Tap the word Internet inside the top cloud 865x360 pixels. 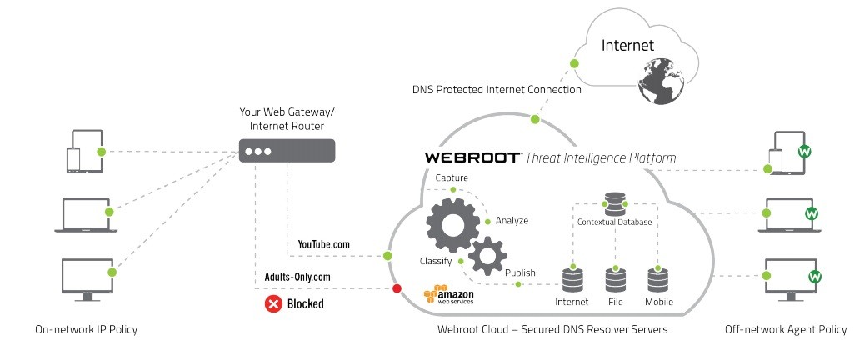tap(627, 45)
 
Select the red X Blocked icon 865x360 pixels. tap(272, 304)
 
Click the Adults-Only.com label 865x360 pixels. tap(298, 276)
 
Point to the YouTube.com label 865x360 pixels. tap(323, 244)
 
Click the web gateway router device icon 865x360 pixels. tap(287, 152)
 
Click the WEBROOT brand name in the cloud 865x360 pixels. tap(472, 157)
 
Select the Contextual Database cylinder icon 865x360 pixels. tap(615, 203)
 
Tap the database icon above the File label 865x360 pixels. tap(615, 277)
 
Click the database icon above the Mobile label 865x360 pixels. tap(658, 277)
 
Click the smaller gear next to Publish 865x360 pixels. tap(487, 255)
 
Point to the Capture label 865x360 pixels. tap(452, 178)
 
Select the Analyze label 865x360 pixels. tap(512, 221)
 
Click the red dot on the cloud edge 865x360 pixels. tap(397, 288)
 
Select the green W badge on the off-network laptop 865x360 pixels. tap(810, 214)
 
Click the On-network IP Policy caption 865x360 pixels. tap(86, 329)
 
